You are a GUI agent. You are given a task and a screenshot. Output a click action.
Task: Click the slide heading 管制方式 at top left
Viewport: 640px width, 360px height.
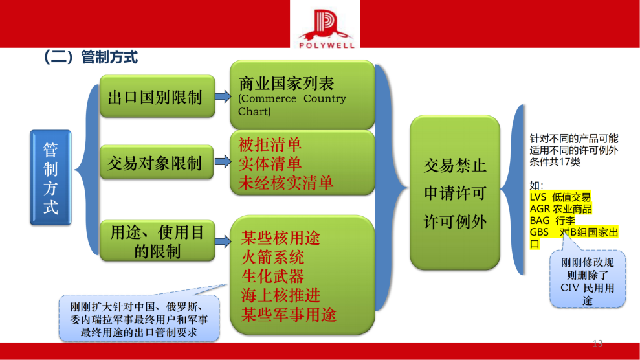(90, 58)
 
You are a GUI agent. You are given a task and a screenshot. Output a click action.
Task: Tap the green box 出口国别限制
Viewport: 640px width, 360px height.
(156, 98)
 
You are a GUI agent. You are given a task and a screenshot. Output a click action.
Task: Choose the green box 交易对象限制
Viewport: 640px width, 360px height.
(156, 164)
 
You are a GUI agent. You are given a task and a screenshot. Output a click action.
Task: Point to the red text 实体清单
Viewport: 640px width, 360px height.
(270, 163)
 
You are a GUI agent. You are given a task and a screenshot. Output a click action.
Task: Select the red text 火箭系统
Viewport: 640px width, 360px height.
(272, 256)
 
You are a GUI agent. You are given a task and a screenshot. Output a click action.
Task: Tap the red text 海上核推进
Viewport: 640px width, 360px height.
(281, 296)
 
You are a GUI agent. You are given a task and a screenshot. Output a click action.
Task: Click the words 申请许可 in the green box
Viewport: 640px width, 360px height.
(454, 194)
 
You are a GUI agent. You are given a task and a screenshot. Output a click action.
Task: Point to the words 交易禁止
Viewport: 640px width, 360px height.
(454, 166)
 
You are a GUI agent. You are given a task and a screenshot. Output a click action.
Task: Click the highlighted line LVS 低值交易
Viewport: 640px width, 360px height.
(560, 197)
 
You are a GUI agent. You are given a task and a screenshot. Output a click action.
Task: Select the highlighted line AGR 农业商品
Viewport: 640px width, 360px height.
(560, 208)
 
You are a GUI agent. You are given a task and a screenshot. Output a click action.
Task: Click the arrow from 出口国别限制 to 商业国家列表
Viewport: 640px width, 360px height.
(222, 97)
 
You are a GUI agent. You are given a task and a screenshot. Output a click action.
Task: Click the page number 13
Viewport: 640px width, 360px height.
(597, 343)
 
